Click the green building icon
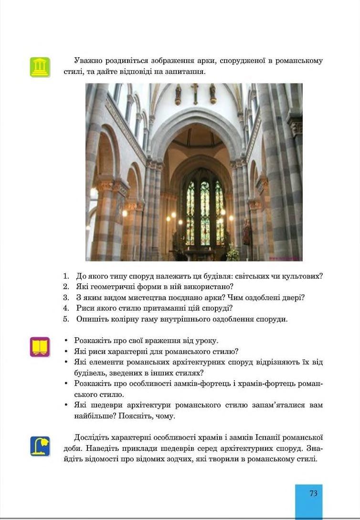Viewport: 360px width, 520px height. [x=40, y=67]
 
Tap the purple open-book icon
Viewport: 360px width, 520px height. [x=40, y=347]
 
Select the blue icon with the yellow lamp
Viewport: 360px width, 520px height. [x=40, y=446]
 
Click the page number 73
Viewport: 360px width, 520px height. [x=313, y=494]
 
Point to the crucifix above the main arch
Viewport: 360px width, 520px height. [x=194, y=93]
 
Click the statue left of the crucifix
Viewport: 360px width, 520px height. [x=178, y=94]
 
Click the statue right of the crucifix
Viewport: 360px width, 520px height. [x=212, y=94]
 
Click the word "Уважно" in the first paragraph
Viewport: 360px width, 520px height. [x=87, y=61]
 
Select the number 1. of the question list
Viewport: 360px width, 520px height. [x=66, y=276]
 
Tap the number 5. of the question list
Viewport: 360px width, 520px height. [x=66, y=319]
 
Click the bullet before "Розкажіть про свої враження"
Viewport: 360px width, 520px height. [x=65, y=341]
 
